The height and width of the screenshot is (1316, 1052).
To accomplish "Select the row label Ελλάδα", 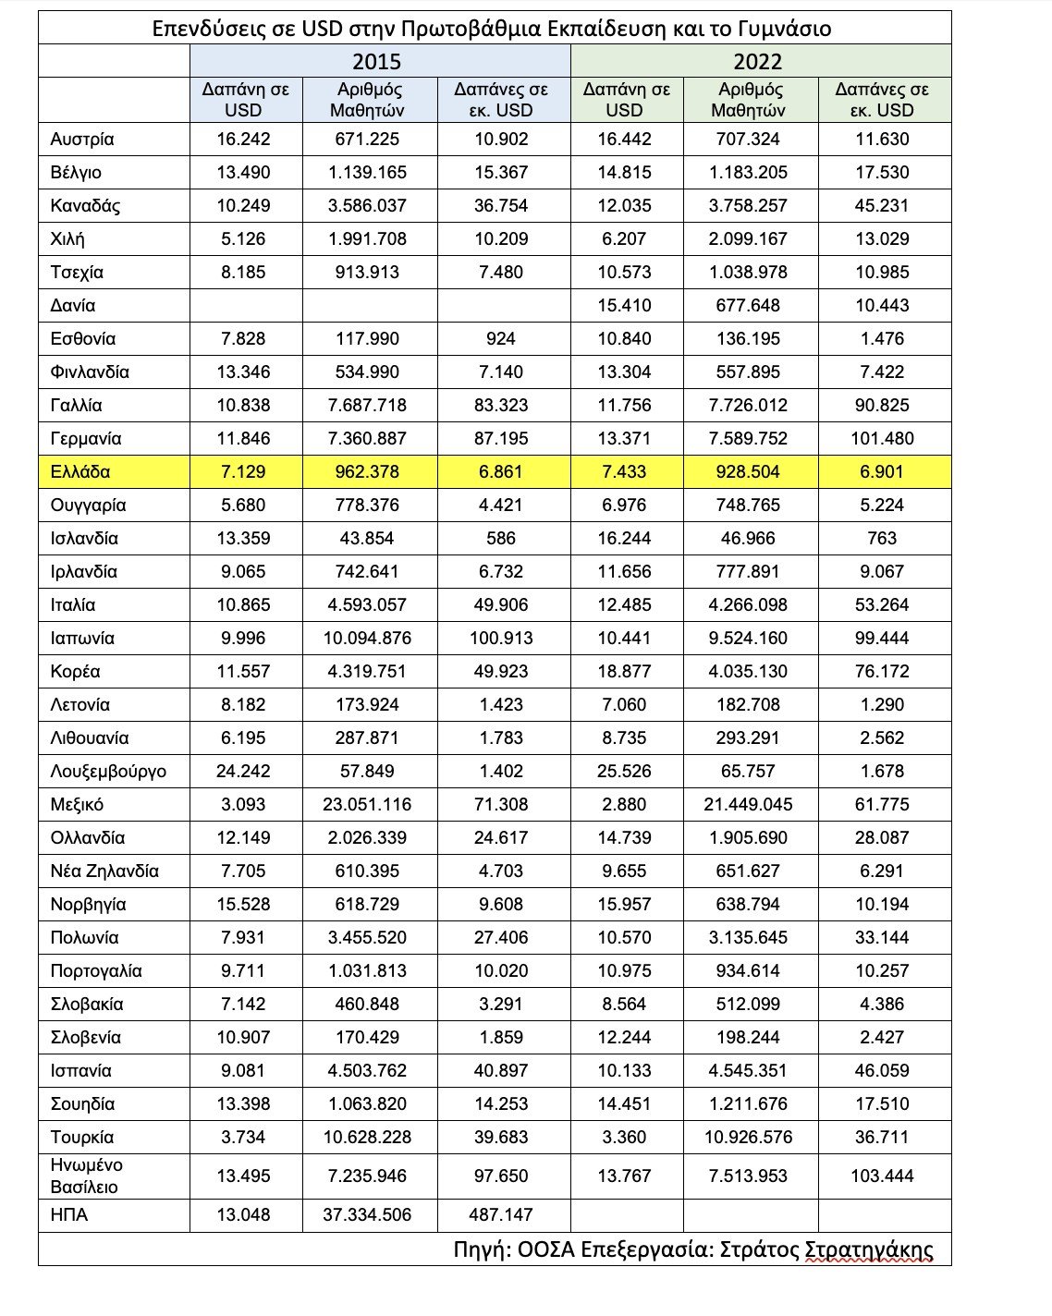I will point(80,471).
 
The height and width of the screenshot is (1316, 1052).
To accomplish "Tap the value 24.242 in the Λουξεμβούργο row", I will point(244,771).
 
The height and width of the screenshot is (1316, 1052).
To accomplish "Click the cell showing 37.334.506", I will point(368,1214).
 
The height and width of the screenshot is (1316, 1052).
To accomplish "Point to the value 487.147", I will point(501,1214).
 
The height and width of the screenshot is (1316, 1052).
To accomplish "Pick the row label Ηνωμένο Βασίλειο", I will point(87,1176).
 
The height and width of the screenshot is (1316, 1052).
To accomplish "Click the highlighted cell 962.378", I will point(368,471).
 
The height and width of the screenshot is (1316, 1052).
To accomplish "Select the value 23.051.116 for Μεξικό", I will point(368,804).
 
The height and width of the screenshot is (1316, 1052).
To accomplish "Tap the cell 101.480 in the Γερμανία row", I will point(882,438).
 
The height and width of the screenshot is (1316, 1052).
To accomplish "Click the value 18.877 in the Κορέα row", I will point(625,671).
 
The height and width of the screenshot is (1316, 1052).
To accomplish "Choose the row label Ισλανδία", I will point(84,538).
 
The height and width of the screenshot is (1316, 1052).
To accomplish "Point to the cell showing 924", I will point(501,338).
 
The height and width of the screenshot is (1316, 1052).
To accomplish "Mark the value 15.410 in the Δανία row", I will point(625,305).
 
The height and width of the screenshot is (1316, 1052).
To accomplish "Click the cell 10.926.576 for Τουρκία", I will point(749,1137).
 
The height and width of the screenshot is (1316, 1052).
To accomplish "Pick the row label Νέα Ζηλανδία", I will point(104,871).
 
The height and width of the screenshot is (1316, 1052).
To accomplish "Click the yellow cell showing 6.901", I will point(882,471).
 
